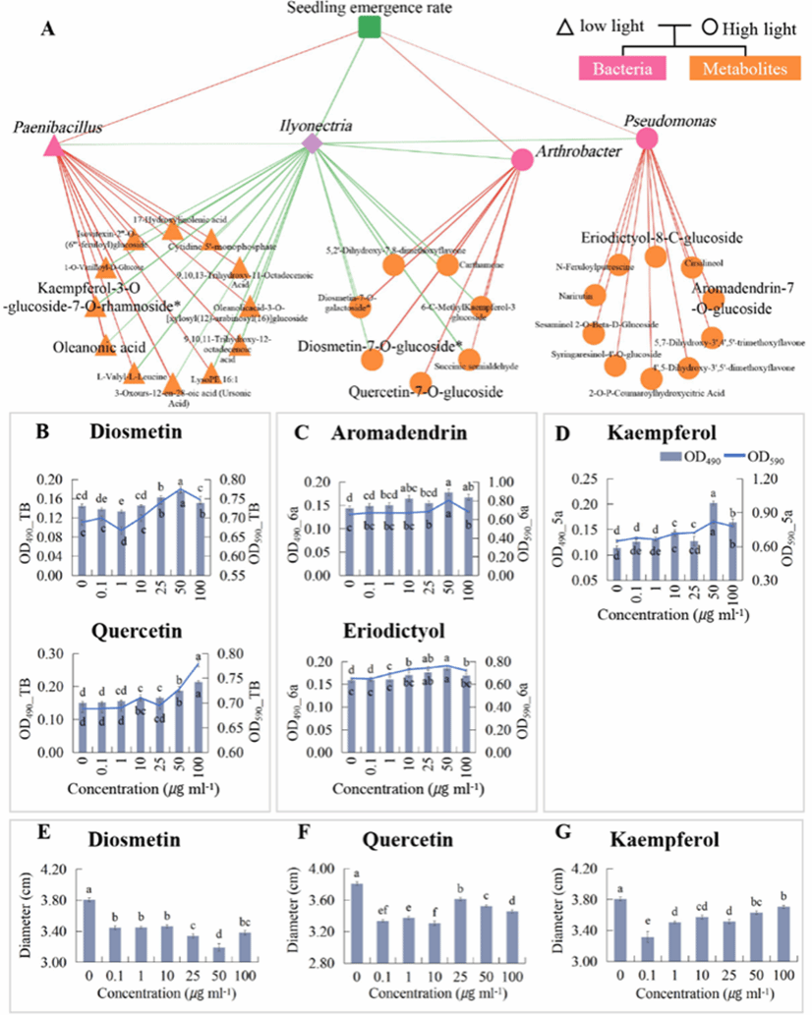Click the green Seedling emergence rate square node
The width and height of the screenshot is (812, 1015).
tap(369, 28)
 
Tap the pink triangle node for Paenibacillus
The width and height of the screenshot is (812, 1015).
tap(53, 146)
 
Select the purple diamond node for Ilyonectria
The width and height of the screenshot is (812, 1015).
tap(312, 143)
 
